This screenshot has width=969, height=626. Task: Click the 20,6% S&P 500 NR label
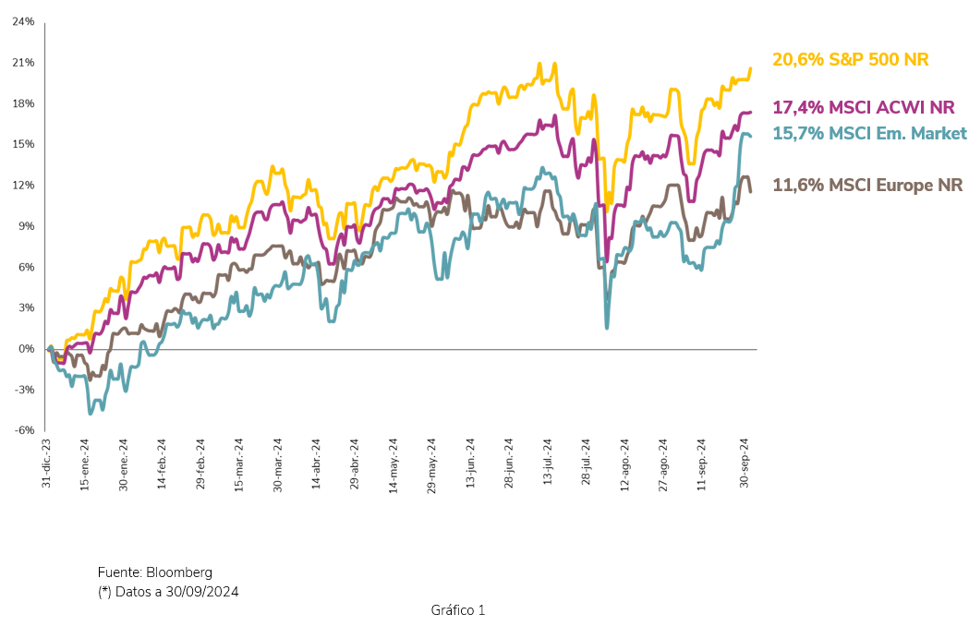tap(850, 60)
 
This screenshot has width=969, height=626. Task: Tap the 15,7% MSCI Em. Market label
tap(869, 134)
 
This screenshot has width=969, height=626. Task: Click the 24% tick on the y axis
tap(23, 21)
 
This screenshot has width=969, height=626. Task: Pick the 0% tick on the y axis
tap(27, 349)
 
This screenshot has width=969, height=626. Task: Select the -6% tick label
tap(24, 430)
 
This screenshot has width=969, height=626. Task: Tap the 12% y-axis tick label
tap(23, 185)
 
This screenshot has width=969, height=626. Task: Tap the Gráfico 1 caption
tap(457, 610)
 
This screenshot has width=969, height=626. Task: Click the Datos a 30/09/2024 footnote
tap(176, 592)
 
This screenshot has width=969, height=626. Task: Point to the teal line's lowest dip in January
tap(91, 413)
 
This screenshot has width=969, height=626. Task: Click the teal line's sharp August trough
tap(606, 327)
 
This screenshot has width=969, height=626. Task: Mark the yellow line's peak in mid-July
tap(554, 64)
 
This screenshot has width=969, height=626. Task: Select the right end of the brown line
tap(750, 191)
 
